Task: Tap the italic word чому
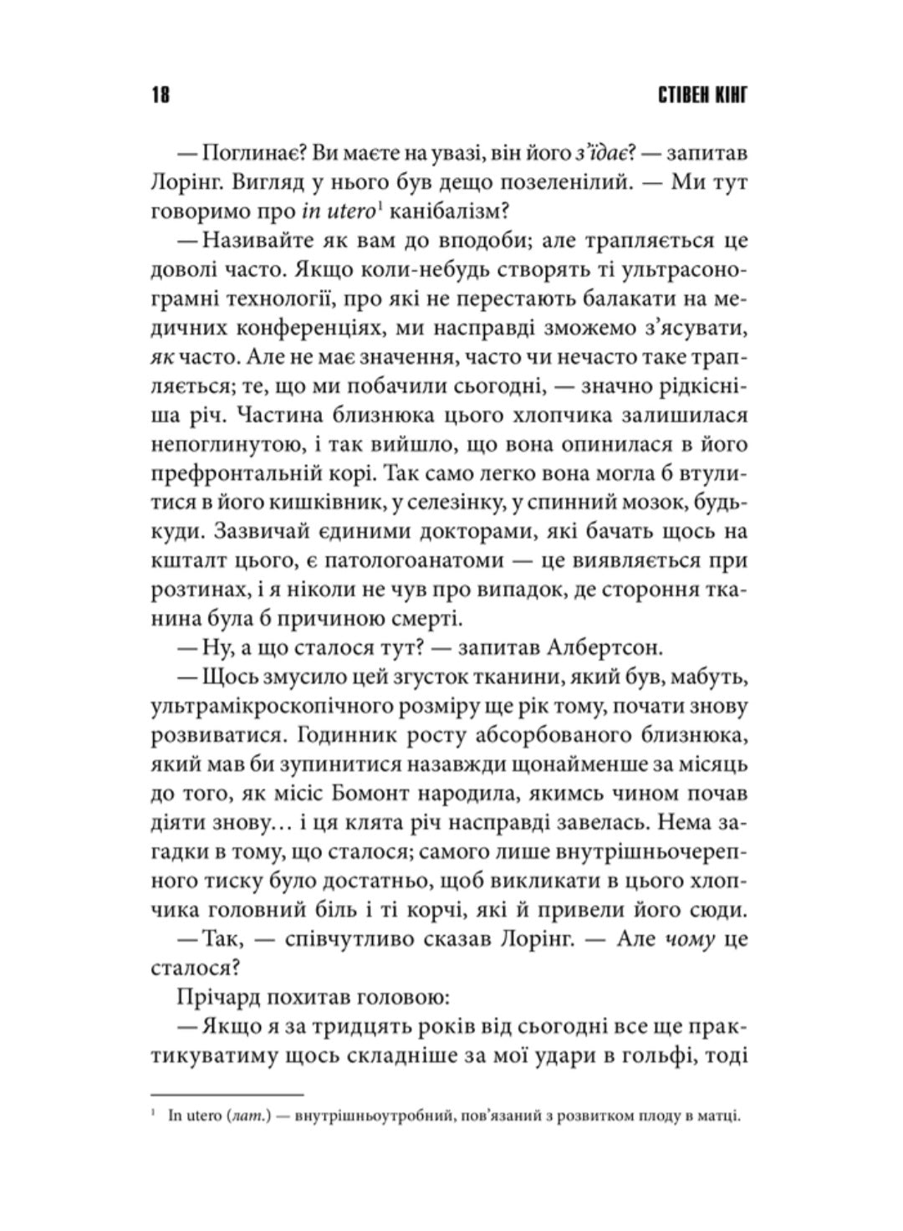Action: click(690, 938)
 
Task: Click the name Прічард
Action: click(217, 996)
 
